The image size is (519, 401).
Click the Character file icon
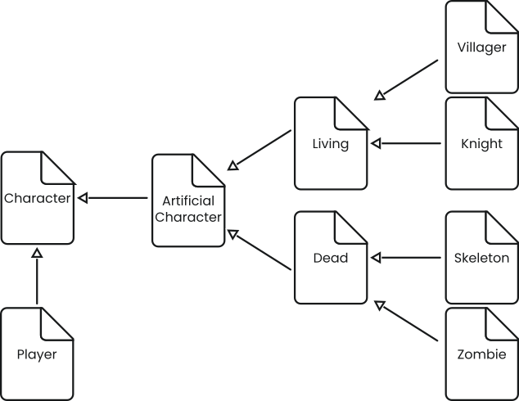pyautogui.click(x=37, y=198)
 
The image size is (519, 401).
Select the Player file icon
pyautogui.click(x=37, y=354)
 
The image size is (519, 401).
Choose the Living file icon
pyautogui.click(x=331, y=144)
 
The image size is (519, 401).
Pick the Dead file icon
pyautogui.click(x=331, y=258)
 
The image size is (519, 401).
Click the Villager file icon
pyautogui.click(x=481, y=47)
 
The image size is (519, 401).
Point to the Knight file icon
pyautogui.click(x=481, y=144)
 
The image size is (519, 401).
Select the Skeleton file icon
pyautogui.click(x=481, y=258)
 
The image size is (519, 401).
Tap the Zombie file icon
pyautogui.click(x=481, y=354)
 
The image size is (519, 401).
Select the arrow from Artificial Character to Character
pyautogui.click(x=113, y=198)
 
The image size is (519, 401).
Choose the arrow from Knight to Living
pyautogui.click(x=407, y=144)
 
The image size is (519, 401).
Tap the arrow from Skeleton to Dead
pyautogui.click(x=407, y=258)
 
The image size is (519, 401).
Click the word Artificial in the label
pyautogui.click(x=188, y=200)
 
